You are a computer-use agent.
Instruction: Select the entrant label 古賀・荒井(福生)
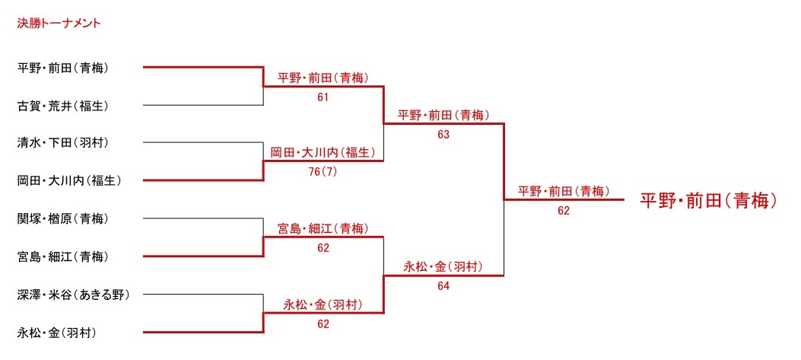(63, 106)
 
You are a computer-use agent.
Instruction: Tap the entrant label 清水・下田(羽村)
(63, 142)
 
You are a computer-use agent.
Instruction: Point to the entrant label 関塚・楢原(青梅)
(63, 219)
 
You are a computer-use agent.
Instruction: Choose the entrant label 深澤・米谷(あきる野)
(74, 295)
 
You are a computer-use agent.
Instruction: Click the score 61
(323, 97)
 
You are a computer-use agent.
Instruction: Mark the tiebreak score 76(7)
(323, 172)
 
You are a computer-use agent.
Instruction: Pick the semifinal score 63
(443, 135)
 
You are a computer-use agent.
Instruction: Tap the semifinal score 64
(443, 286)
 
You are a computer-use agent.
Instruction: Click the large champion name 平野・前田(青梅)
(707, 201)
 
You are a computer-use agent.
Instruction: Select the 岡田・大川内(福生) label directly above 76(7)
(323, 153)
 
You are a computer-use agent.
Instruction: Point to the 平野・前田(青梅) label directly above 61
(323, 78)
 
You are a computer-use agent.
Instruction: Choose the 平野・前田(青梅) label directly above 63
(443, 116)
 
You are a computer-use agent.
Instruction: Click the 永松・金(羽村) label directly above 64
(443, 267)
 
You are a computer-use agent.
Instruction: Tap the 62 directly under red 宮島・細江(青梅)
(323, 248)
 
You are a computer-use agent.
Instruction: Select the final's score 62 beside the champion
(564, 211)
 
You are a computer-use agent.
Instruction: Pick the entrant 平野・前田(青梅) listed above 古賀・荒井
(63, 68)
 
